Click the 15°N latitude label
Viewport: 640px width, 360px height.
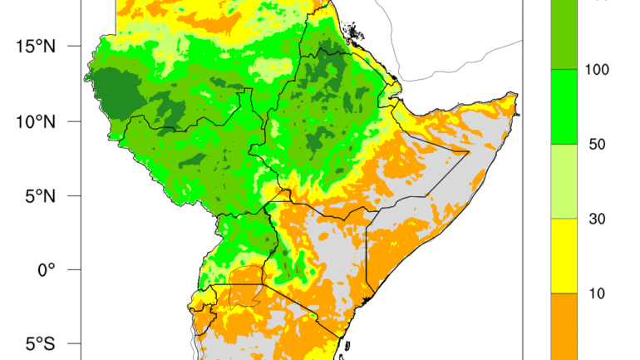coord(35,46)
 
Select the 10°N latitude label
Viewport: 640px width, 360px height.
coord(35,121)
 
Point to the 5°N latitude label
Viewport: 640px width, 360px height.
coord(38,195)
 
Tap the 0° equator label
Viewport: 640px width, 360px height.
coord(45,269)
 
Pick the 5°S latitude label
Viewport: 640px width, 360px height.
coord(38,343)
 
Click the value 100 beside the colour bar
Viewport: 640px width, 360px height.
coord(596,69)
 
